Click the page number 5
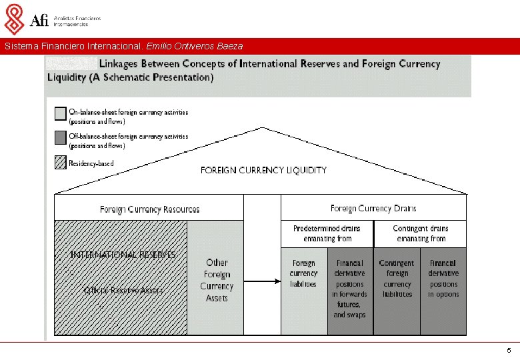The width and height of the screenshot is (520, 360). click(x=509, y=351)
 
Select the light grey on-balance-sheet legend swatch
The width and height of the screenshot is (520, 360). click(x=60, y=115)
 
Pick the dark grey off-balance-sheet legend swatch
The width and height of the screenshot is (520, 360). click(x=60, y=139)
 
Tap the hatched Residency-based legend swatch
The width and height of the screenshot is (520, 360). click(x=60, y=163)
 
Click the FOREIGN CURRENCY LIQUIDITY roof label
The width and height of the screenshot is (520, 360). click(x=263, y=170)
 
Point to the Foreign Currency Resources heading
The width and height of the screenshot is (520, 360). click(x=149, y=209)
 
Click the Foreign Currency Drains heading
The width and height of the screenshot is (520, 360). click(x=373, y=209)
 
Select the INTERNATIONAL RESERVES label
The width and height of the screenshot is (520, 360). click(x=123, y=255)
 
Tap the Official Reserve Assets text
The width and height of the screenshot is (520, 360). click(x=123, y=290)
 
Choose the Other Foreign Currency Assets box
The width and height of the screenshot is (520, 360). click(x=217, y=281)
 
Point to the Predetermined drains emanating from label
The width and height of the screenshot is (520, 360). click(x=327, y=233)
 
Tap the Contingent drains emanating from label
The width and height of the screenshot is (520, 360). click(x=420, y=233)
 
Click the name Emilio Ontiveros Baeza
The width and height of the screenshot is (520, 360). click(x=203, y=47)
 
